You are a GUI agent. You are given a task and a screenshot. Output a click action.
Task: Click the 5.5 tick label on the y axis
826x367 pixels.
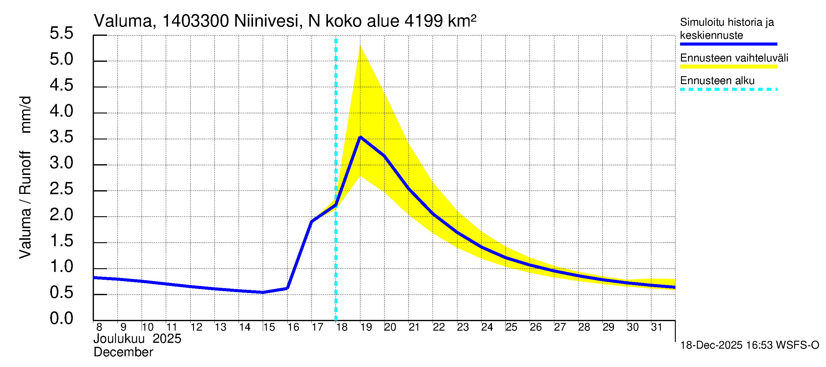pos(61,33)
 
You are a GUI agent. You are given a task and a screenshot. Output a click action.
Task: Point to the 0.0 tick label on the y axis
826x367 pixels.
pos(61,318)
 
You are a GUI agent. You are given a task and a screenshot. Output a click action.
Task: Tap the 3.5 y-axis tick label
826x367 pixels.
pos(61,137)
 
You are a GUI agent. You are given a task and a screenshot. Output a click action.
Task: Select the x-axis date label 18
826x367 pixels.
pos(342,327)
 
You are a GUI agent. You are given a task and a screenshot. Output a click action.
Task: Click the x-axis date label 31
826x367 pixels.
pos(657,327)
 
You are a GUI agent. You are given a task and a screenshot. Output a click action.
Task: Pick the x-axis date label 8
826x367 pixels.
pos(99,327)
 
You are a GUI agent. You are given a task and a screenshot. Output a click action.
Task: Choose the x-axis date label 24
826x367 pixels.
pos(487,327)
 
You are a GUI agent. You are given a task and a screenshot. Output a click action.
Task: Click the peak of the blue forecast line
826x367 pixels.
pos(360,137)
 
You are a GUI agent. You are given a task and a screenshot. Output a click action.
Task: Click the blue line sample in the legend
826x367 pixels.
pos(728,44)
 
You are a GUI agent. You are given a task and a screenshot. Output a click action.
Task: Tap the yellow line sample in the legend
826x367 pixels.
pos(728,67)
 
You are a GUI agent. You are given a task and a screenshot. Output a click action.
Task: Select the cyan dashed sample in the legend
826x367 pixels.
pos(728,89)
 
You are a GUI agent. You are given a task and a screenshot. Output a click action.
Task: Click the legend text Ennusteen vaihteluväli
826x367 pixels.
pos(734,58)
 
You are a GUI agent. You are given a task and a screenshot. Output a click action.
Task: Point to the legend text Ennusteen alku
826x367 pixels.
pos(717,80)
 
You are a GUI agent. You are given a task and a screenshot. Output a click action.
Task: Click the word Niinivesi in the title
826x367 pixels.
pos(266,21)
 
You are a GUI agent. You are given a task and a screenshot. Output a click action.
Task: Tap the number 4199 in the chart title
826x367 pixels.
pos(424,21)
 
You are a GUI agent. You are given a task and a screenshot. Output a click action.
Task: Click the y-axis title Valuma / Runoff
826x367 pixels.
pos(25,205)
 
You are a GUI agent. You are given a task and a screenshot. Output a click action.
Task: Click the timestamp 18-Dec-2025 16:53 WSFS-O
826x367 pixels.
pos(749,345)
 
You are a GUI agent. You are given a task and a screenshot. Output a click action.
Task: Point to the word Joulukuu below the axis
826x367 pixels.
pos(119,339)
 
